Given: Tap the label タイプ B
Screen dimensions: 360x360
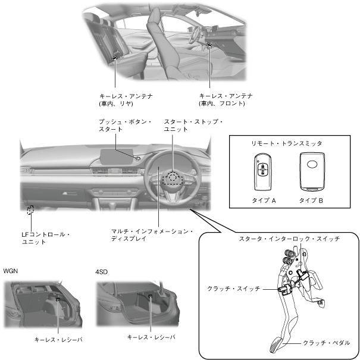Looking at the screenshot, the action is [312, 201].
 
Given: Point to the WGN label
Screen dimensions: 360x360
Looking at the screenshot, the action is [11, 271].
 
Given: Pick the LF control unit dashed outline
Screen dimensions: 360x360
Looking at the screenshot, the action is [30, 209].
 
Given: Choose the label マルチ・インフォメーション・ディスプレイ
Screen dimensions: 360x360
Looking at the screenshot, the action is [152, 234].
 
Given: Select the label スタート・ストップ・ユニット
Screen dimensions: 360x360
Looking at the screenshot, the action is [193, 126].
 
